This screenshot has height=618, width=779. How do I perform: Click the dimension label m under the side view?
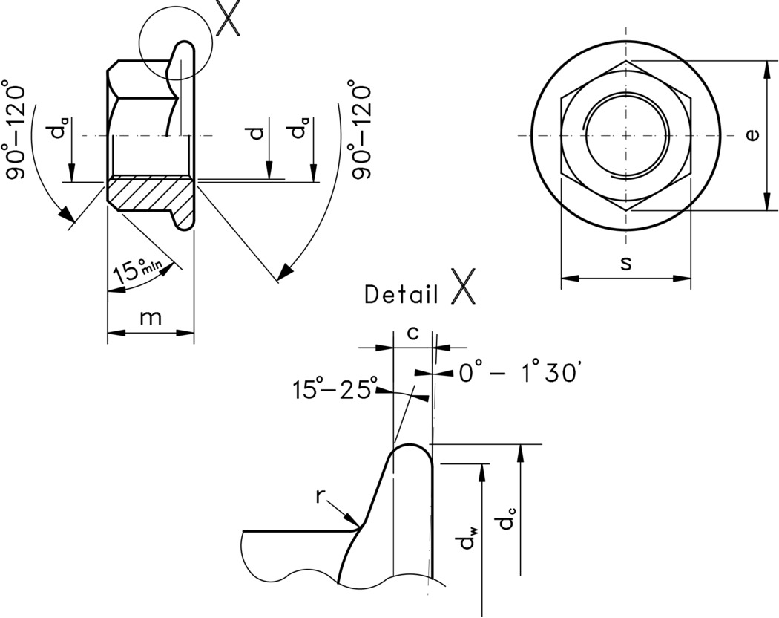pyautogui.click(x=151, y=317)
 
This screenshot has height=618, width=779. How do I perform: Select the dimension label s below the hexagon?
pyautogui.click(x=625, y=264)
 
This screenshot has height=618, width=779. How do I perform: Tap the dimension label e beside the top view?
pyautogui.click(x=752, y=135)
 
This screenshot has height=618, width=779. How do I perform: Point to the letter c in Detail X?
pyautogui.click(x=412, y=334)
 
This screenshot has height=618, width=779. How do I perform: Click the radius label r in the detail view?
pyautogui.click(x=321, y=496)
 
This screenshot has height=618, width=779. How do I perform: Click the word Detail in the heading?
pyautogui.click(x=401, y=294)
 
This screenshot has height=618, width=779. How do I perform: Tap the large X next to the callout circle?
pyautogui.click(x=229, y=19)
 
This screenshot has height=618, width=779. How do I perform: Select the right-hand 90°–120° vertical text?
pyautogui.click(x=361, y=131)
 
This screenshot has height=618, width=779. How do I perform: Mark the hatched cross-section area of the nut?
pyautogui.click(x=148, y=195)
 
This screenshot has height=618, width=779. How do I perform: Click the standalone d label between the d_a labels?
pyautogui.click(x=257, y=133)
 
